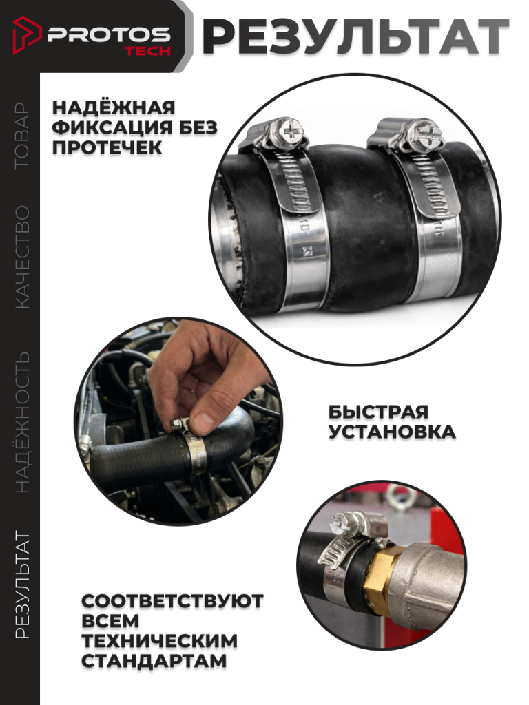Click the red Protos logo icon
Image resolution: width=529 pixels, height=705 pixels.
click(27, 35)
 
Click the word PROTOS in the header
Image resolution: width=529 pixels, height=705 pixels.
click(109, 34)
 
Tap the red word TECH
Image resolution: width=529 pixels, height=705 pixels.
click(148, 51)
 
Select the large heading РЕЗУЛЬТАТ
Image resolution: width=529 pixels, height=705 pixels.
click(355, 37)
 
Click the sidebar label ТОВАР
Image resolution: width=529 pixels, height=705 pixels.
click(21, 136)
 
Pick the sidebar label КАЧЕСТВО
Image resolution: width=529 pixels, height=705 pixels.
click(21, 257)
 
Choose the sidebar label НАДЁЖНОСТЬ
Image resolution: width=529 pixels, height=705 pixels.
click(21, 422)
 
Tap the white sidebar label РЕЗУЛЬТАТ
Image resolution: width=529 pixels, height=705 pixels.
click(21, 585)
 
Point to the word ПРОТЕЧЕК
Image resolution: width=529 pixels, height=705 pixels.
click(107, 147)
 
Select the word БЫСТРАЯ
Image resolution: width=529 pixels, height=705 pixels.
click(378, 412)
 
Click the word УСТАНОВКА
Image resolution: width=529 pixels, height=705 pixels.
click(392, 432)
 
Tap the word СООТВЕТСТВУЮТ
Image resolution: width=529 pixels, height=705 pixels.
click(172, 601)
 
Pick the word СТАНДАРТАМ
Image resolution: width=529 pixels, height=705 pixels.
click(154, 661)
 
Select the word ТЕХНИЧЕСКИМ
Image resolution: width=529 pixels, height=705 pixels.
click(159, 641)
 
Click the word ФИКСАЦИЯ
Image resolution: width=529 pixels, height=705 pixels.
click(112, 127)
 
